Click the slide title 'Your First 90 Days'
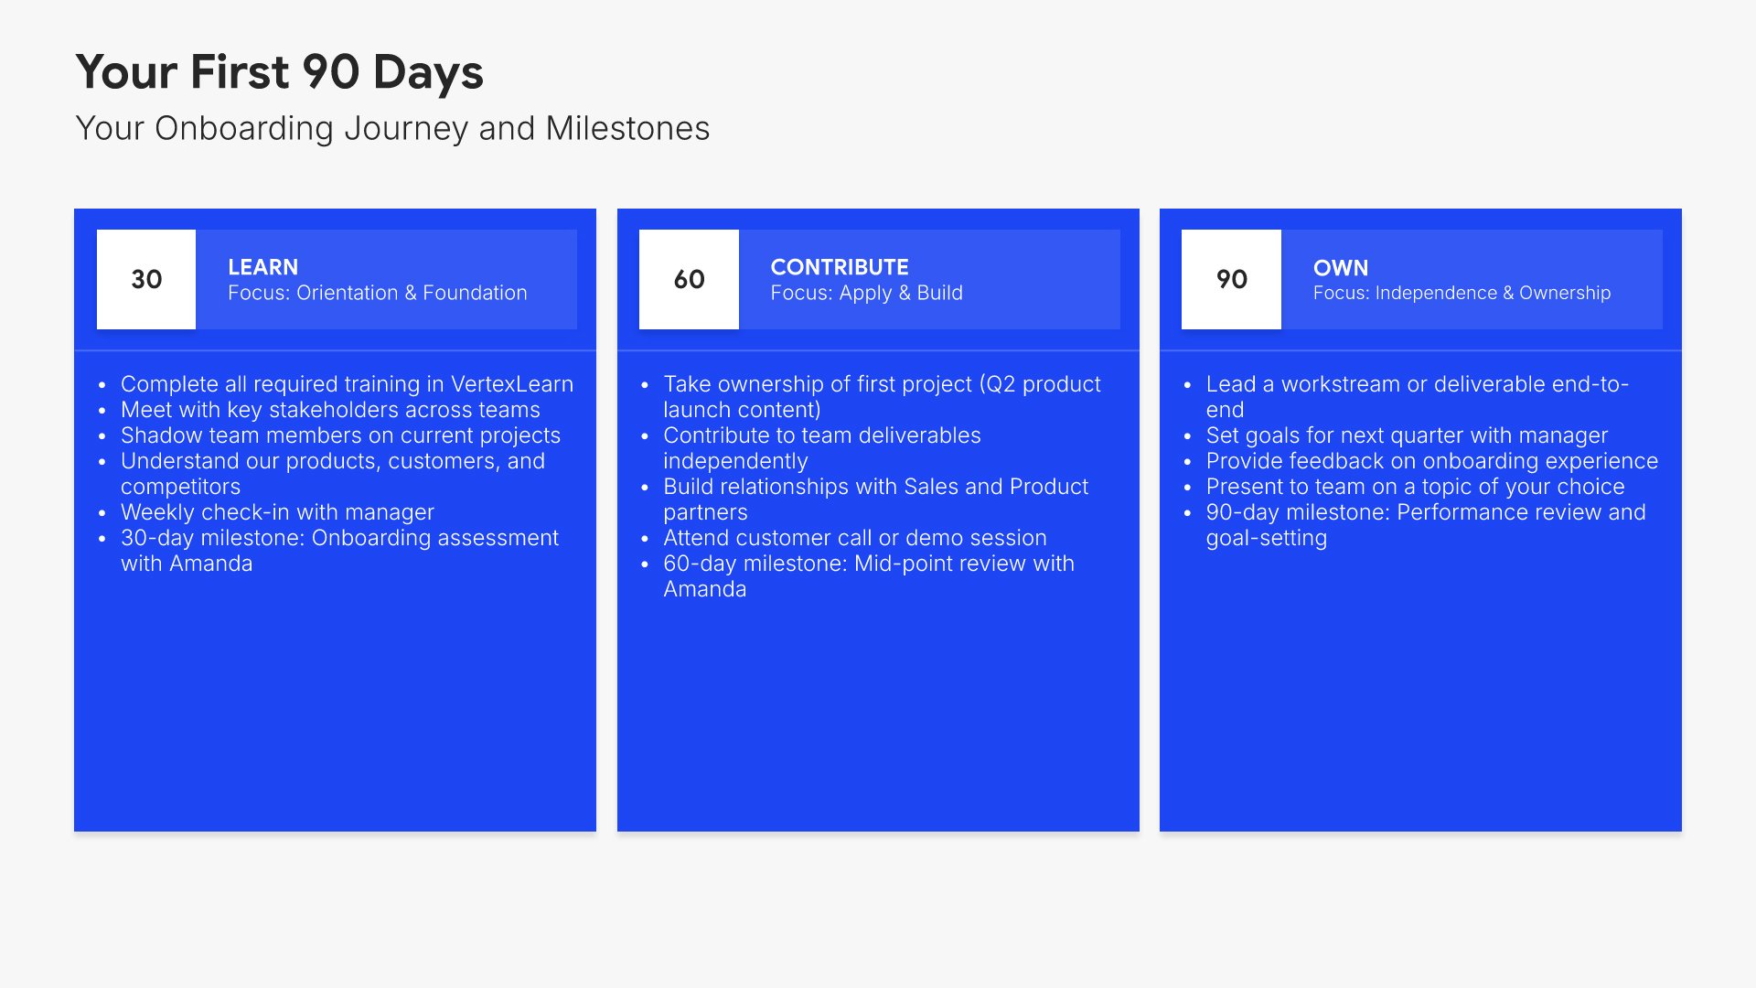point(279,72)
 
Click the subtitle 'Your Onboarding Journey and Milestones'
point(392,129)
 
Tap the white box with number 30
point(146,279)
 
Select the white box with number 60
point(689,279)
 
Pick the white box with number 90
point(1231,279)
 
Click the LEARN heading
point(262,267)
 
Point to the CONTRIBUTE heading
point(840,267)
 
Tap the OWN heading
point(1341,268)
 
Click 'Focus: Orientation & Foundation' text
point(378,293)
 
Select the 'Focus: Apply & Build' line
point(867,293)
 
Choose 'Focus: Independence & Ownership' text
point(1462,293)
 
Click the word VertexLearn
point(512,384)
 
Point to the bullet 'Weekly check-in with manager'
point(277,512)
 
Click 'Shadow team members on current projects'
point(340,435)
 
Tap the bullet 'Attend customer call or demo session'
point(855,538)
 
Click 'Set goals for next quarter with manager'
point(1407,435)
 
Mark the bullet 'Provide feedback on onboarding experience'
point(1432,461)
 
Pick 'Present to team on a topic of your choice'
point(1416,487)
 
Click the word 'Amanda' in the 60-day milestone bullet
point(705,589)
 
